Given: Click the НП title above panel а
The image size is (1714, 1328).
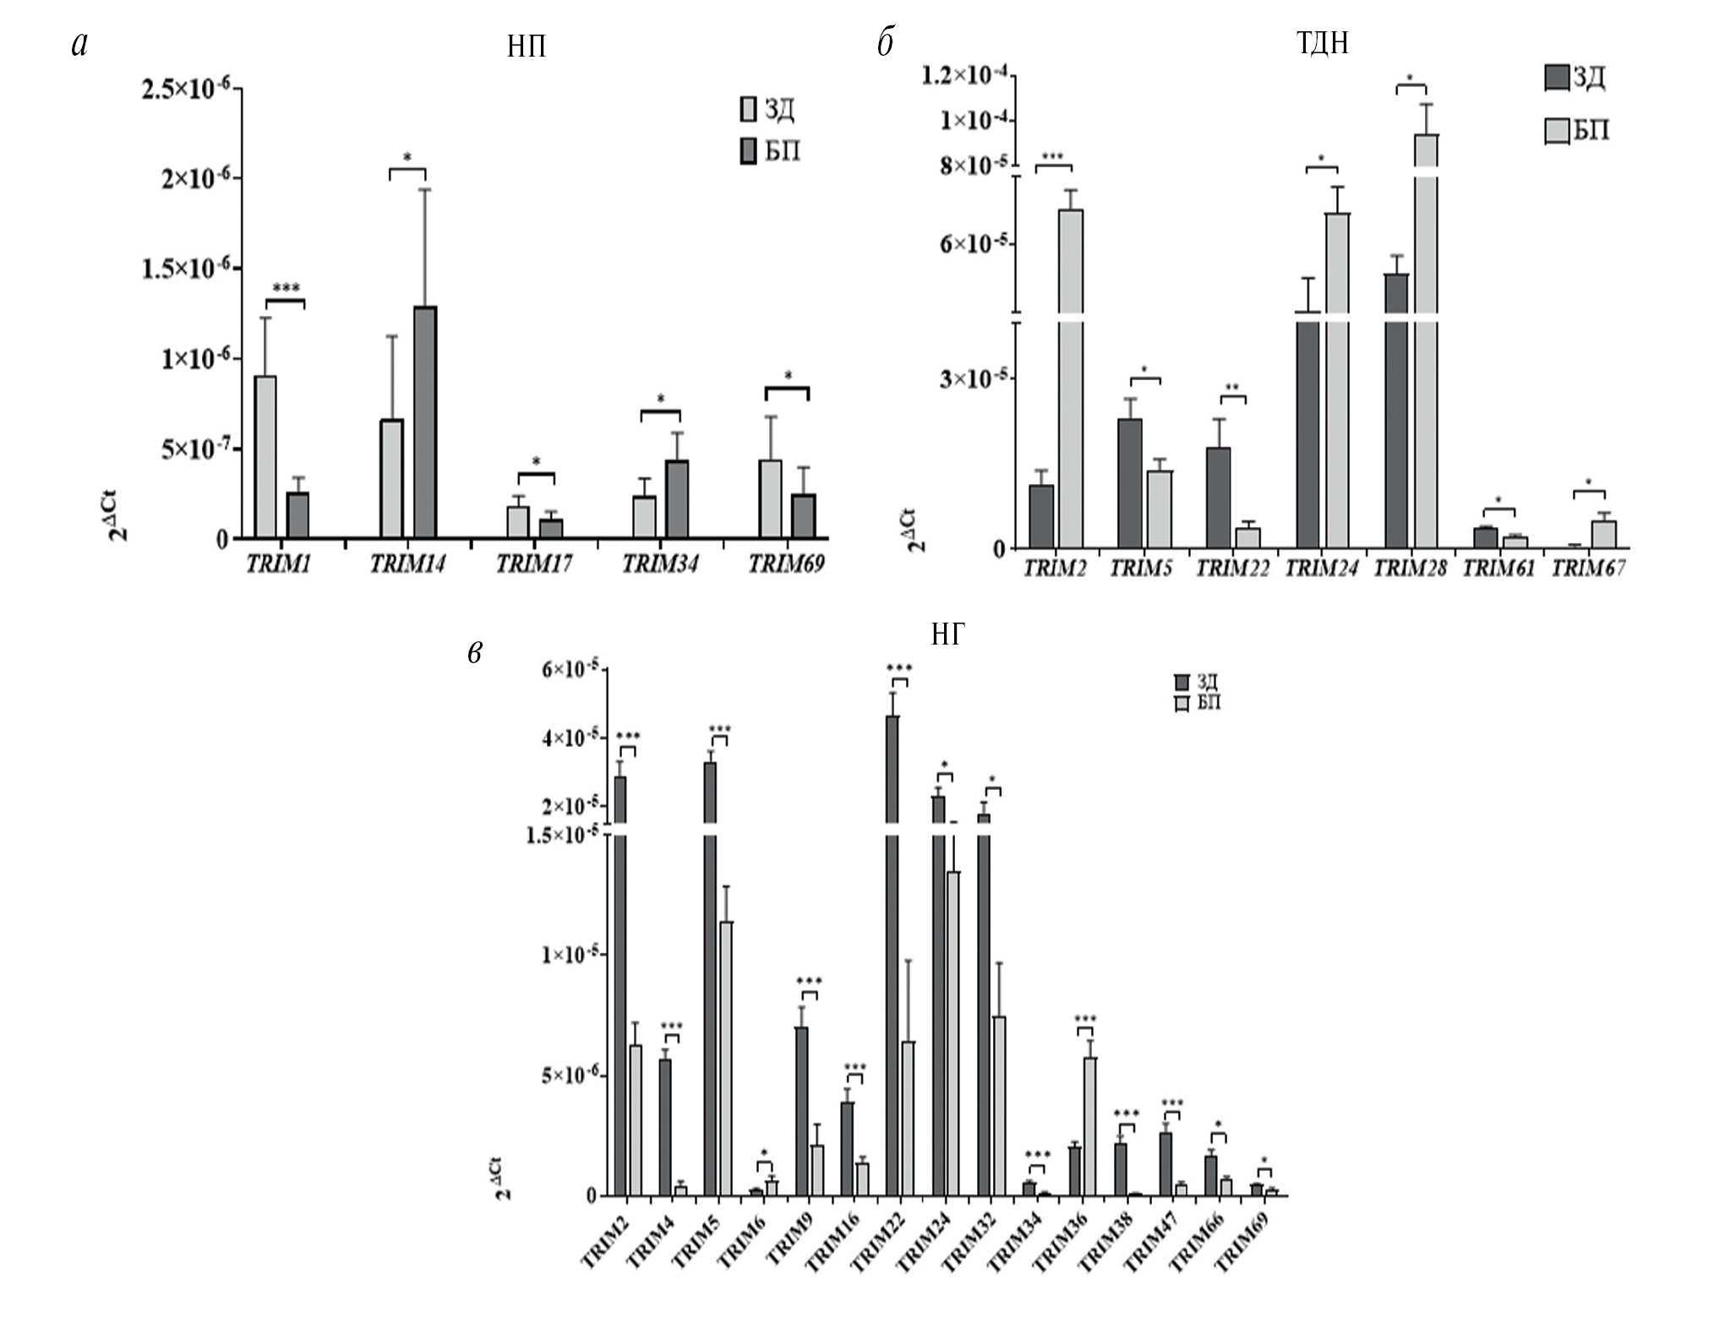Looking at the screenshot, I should coord(526,47).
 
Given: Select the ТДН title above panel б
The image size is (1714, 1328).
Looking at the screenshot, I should coord(1322,42).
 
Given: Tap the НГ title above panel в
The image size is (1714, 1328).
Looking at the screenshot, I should coord(947,635).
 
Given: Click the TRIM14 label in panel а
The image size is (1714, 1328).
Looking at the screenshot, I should coord(407,564).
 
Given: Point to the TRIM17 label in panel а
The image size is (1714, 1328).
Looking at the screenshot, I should coord(533,564).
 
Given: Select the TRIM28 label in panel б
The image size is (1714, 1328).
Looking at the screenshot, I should coord(1410,569).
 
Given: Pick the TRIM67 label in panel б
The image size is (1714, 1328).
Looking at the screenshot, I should coord(1588,569).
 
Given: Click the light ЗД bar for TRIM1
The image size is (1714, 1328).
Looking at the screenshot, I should coord(265,456).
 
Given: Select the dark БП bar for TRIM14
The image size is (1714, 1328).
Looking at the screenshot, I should coord(425,422).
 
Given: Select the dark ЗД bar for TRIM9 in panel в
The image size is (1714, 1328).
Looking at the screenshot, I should coord(801,1111).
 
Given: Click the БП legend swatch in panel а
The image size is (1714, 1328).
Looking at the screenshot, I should coord(748,152).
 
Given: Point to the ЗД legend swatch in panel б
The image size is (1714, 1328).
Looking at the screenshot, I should coord(1555,78).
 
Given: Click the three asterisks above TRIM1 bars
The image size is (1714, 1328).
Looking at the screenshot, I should coord(286,289).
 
